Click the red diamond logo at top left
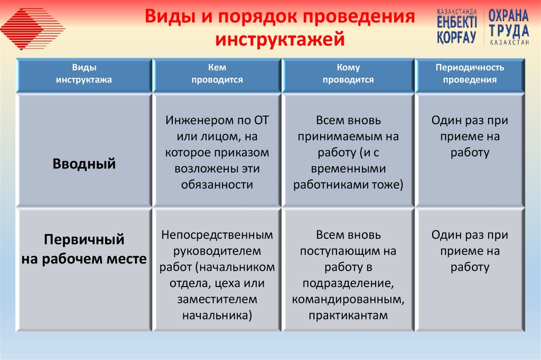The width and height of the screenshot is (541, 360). [33, 27]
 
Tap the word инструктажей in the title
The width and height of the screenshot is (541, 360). [279, 40]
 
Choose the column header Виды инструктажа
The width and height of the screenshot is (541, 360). [85, 74]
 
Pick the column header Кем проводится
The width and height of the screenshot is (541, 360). [217, 74]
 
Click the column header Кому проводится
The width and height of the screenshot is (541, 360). [348, 74]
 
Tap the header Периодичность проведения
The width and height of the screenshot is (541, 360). [470, 74]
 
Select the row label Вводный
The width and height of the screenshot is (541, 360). [85, 164]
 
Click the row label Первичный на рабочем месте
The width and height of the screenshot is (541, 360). [85, 249]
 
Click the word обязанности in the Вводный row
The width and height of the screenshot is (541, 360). [217, 184]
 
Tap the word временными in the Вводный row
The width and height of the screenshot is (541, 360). [348, 169]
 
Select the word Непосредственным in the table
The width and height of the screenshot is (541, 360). [217, 234]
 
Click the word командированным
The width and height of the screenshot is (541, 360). [348, 300]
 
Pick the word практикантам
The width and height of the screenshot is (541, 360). [348, 316]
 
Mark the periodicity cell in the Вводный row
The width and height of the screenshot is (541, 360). [470, 136]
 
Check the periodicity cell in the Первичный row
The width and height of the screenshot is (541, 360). [470, 251]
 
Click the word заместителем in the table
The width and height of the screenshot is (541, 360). [217, 299]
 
